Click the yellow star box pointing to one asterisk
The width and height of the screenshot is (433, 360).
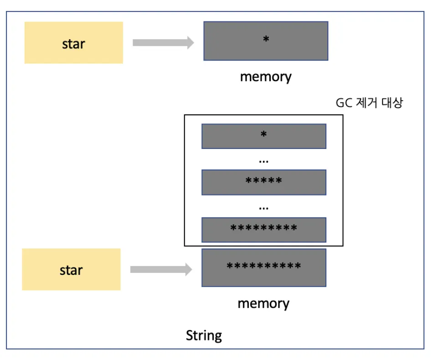click(73, 42)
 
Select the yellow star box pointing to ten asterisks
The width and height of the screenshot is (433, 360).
click(71, 269)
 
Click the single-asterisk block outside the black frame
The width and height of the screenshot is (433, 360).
click(265, 41)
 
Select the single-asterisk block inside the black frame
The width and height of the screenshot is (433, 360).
click(263, 136)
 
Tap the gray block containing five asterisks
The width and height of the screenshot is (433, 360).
click(263, 182)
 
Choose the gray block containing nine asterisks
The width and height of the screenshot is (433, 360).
click(263, 229)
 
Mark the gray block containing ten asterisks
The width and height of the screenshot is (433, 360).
click(263, 267)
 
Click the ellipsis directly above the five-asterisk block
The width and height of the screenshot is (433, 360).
click(263, 161)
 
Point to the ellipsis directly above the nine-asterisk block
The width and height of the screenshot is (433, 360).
click(263, 207)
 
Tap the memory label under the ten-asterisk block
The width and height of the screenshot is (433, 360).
click(263, 303)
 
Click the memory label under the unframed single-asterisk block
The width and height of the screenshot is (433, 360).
click(265, 76)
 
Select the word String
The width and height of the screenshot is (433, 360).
click(204, 336)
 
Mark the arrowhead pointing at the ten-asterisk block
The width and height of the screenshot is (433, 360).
click(187, 269)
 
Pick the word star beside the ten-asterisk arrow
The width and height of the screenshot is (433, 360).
click(71, 270)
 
